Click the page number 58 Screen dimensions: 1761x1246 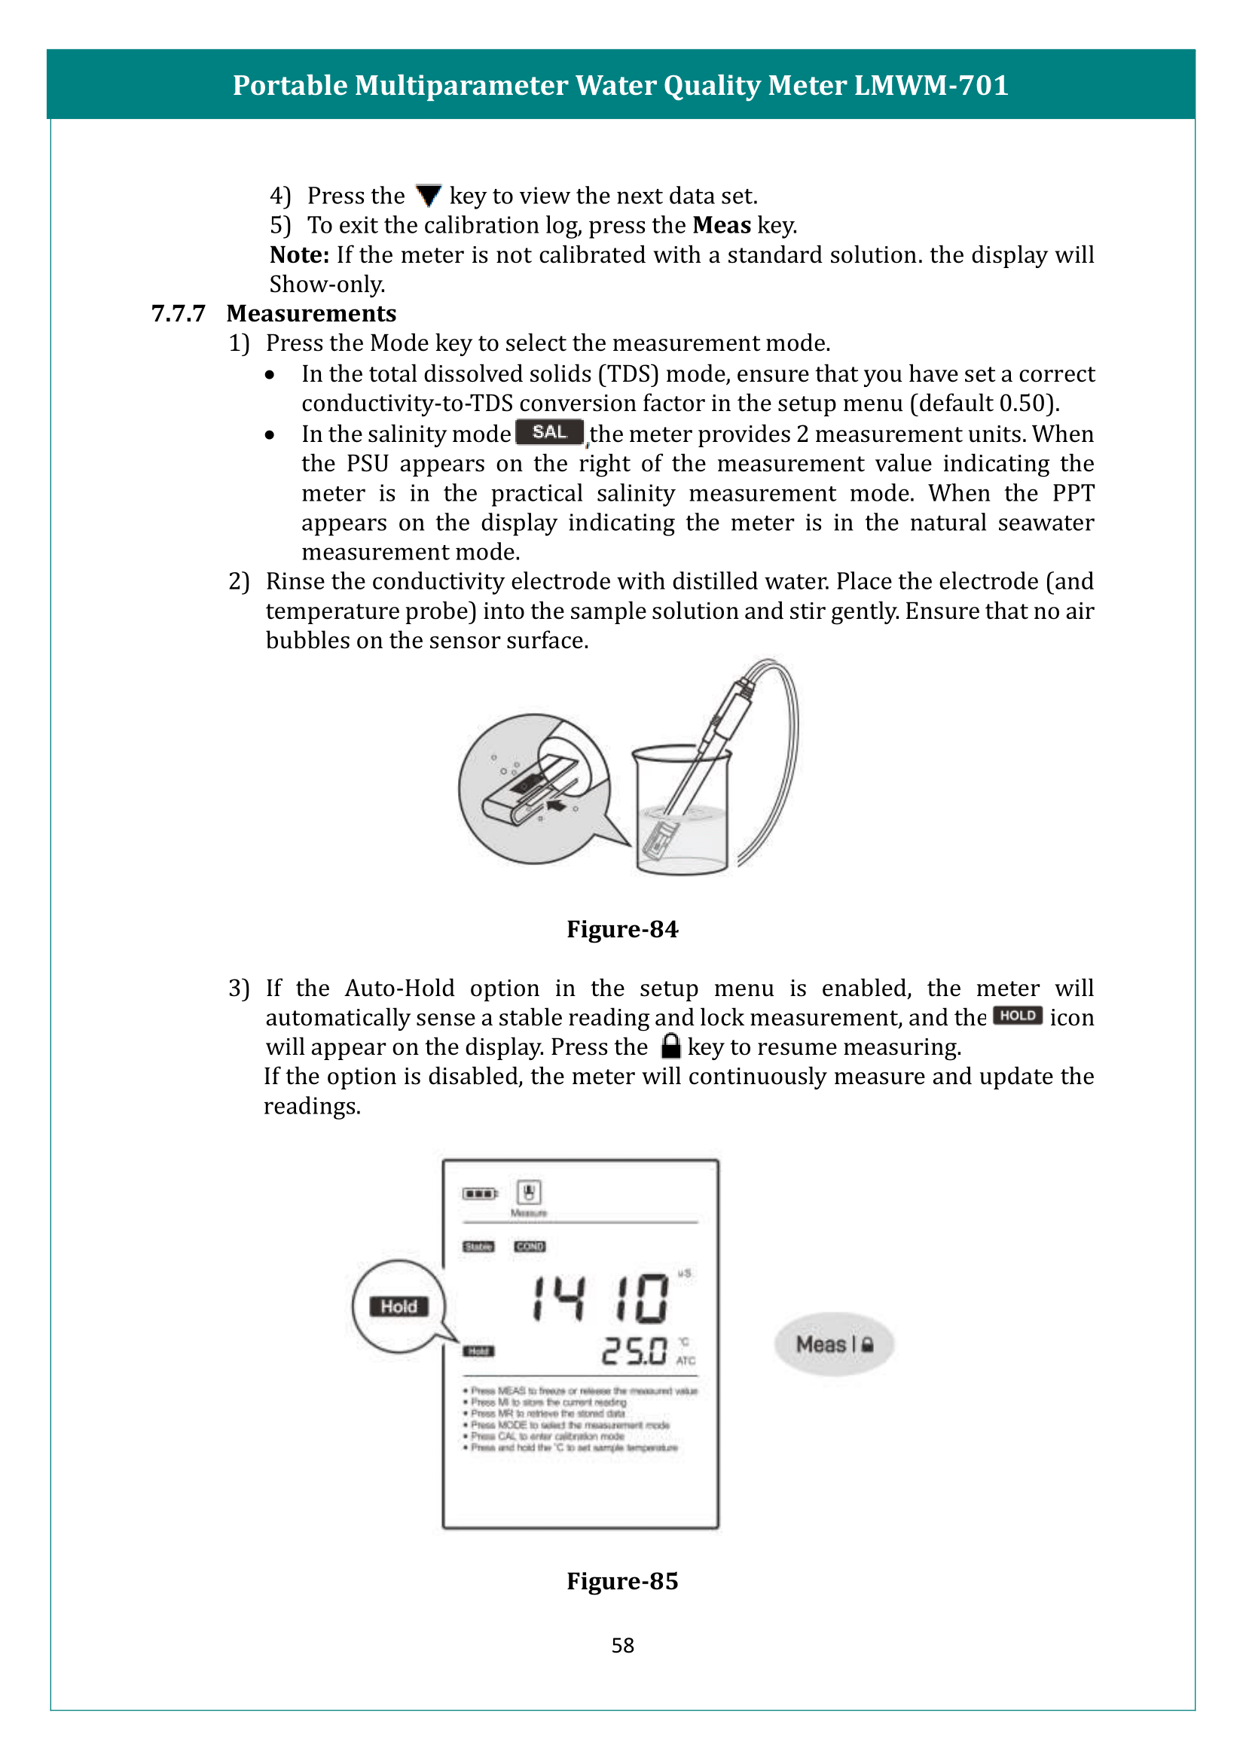(622, 1645)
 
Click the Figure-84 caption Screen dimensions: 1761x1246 (622, 929)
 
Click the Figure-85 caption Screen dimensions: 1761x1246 (622, 1581)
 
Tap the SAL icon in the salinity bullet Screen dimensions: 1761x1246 (549, 433)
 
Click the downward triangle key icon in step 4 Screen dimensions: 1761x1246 (428, 196)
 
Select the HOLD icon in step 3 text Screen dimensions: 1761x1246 (1017, 1016)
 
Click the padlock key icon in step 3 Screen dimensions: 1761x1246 (670, 1047)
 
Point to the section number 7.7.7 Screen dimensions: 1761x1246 (178, 314)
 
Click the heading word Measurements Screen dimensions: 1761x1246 (312, 314)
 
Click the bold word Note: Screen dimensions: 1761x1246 (299, 254)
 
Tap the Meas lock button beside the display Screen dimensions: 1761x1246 (834, 1344)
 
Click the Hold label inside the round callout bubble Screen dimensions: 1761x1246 (399, 1306)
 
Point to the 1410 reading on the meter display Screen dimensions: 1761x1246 (600, 1299)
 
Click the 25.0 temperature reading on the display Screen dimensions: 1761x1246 (634, 1351)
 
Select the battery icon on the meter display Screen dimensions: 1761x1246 (480, 1193)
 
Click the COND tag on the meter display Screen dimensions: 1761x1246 (530, 1246)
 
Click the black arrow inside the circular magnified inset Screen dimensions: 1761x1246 (556, 806)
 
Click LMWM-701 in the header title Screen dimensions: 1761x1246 (930, 85)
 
